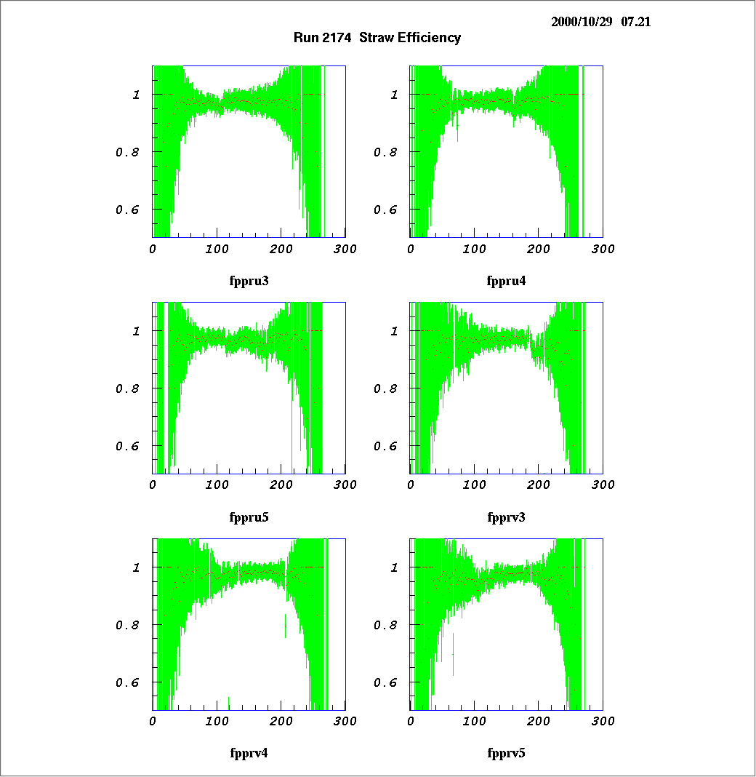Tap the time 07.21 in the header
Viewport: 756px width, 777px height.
point(636,22)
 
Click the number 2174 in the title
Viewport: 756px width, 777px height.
point(338,38)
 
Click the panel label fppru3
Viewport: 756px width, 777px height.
point(249,281)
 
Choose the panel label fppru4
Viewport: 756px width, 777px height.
point(506,281)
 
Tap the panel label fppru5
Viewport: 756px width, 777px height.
point(249,517)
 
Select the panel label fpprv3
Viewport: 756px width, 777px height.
point(506,517)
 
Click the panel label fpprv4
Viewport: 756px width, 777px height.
point(249,753)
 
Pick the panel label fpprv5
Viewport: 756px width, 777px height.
point(506,753)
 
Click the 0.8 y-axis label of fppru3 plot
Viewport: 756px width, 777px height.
point(127,153)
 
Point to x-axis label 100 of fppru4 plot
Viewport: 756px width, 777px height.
point(475,250)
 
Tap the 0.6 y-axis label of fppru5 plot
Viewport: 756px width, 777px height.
point(127,446)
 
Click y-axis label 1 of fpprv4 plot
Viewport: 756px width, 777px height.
point(137,567)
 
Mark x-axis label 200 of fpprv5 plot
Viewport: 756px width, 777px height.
point(539,721)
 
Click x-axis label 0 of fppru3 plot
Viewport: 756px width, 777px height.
point(153,250)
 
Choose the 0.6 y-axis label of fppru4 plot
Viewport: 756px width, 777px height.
point(385,210)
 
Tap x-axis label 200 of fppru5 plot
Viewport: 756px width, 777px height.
point(281,485)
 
